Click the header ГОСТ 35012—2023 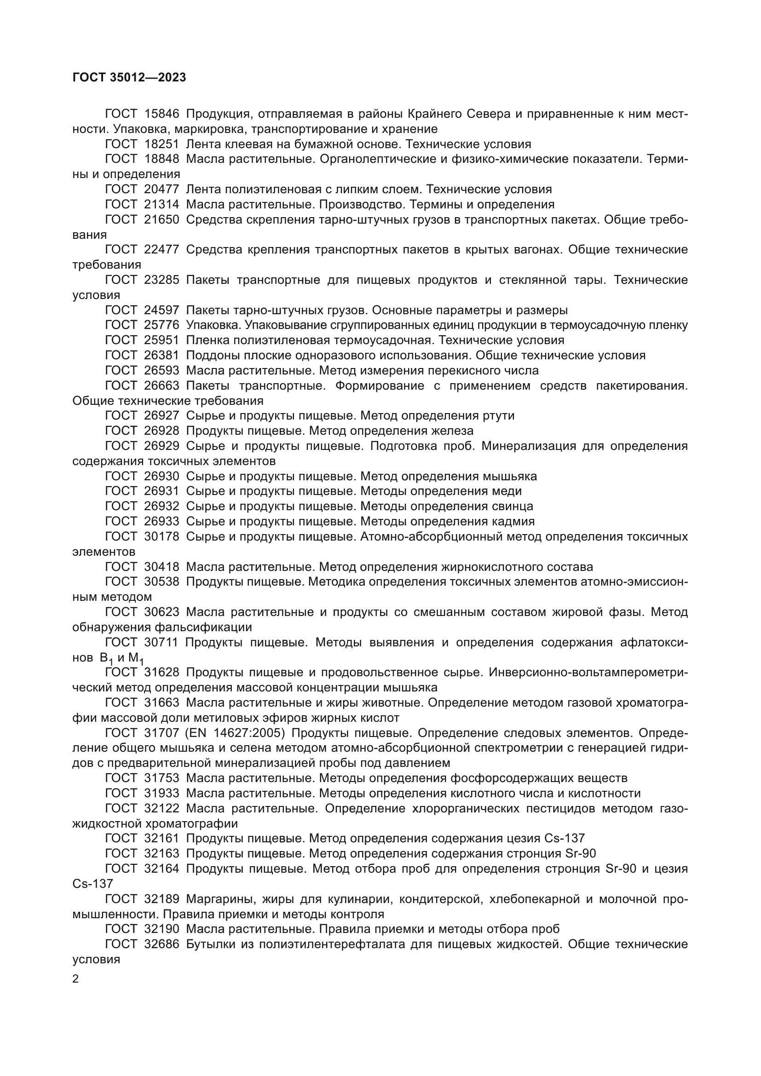129,77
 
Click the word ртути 499,416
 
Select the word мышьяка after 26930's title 509,476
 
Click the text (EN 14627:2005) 236,733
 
